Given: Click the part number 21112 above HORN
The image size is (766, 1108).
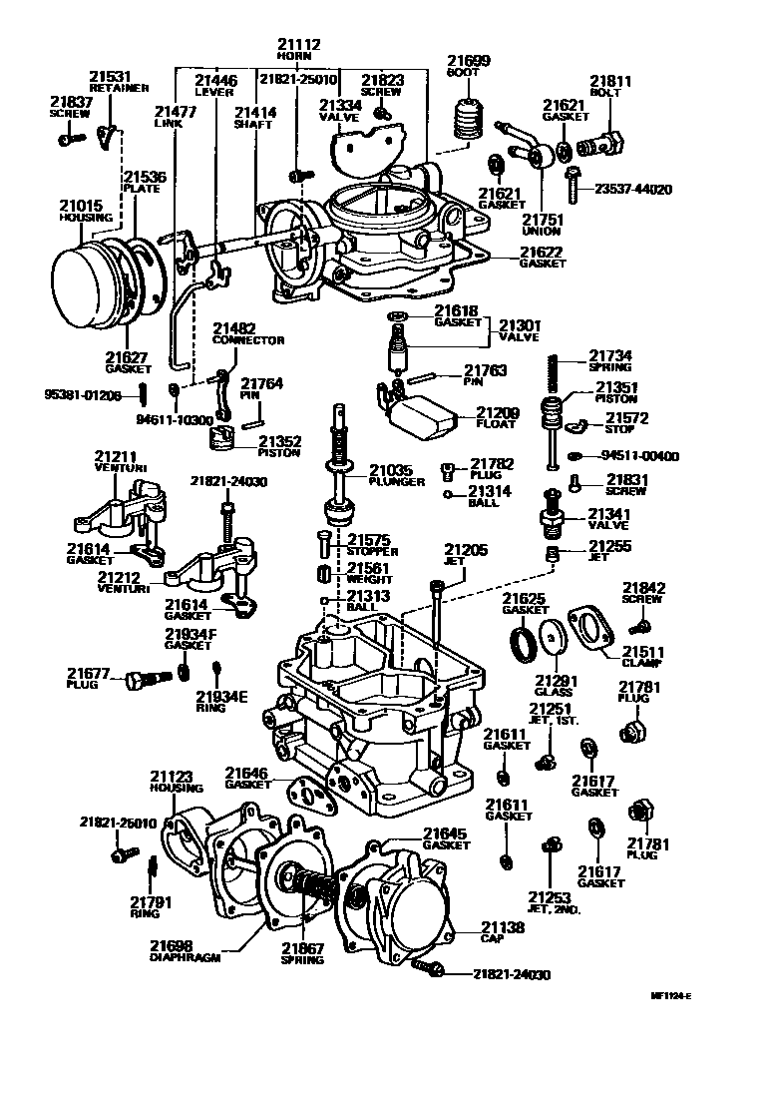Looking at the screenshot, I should [299, 45].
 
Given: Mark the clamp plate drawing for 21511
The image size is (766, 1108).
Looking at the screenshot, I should [591, 630].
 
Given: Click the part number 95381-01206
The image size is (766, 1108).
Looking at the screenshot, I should [82, 396].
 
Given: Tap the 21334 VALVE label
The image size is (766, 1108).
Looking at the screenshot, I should [339, 109].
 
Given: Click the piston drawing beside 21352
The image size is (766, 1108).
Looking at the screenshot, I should [225, 438].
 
